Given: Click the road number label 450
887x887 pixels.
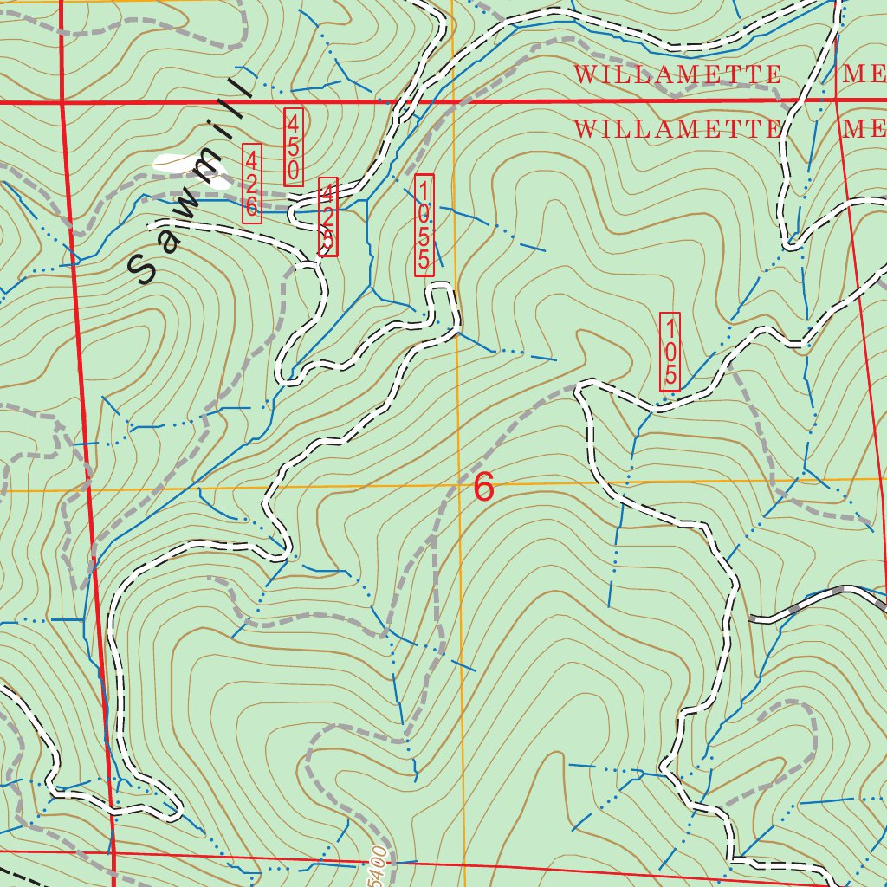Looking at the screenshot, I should [294, 146].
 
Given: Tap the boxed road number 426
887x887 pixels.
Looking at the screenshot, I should [252, 183].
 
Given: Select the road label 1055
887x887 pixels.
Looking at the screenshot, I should [424, 225].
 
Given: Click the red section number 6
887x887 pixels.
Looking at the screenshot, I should [484, 488].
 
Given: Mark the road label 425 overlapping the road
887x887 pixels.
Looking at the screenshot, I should [328, 217].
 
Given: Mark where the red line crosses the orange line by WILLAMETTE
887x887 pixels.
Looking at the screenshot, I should [453, 101].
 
